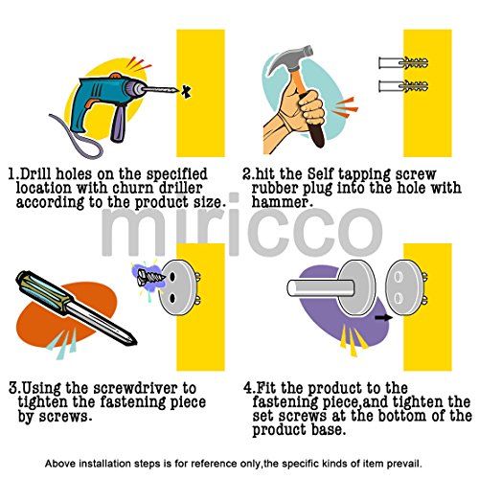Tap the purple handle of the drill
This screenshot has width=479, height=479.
click(x=118, y=124)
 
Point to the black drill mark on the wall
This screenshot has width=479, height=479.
click(x=186, y=91)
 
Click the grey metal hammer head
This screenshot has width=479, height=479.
click(x=289, y=60)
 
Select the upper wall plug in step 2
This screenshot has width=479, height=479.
click(x=403, y=63)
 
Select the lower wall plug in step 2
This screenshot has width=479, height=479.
click(x=403, y=86)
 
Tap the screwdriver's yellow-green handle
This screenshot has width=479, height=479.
click(x=45, y=292)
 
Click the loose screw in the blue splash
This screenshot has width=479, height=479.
click(x=150, y=277)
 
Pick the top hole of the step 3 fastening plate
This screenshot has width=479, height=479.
click(x=172, y=277)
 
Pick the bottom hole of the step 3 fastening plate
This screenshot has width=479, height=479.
click(x=172, y=298)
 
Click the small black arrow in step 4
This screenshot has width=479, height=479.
click(x=383, y=317)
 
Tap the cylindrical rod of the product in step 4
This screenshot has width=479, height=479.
click(x=320, y=287)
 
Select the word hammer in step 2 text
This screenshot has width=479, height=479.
click(x=280, y=202)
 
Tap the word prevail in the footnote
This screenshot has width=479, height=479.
click(x=404, y=464)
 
